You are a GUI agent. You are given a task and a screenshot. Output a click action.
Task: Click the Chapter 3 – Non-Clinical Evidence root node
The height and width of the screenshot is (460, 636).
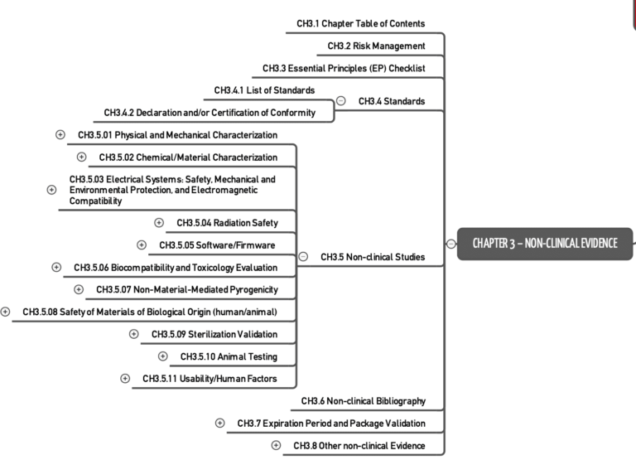(544, 243)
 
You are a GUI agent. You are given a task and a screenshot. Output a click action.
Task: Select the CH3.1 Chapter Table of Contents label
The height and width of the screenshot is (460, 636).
(360, 23)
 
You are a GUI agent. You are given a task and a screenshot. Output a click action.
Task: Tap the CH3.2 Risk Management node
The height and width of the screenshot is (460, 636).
(376, 46)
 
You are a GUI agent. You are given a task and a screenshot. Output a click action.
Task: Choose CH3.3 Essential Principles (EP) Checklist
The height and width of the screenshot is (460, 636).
(344, 68)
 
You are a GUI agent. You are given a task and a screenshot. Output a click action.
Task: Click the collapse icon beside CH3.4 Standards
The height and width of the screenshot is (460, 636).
(341, 101)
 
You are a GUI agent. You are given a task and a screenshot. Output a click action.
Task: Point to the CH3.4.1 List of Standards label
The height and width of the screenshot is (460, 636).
(264, 90)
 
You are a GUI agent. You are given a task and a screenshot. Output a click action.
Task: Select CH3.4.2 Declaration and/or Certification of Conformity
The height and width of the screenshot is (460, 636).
(210, 112)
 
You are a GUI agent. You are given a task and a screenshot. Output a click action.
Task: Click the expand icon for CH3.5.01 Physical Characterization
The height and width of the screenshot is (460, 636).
(60, 134)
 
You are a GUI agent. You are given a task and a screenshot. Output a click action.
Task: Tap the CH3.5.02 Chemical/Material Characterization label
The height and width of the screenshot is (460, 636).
(188, 157)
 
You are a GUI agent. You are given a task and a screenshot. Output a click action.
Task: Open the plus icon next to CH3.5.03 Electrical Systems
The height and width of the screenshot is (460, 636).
(51, 190)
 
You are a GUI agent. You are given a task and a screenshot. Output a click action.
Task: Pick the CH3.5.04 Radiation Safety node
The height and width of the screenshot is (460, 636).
(227, 222)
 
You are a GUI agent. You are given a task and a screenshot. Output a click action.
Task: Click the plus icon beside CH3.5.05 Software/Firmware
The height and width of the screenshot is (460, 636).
(142, 245)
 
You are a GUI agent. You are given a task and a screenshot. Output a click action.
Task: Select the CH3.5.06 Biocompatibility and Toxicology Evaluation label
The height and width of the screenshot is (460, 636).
(176, 267)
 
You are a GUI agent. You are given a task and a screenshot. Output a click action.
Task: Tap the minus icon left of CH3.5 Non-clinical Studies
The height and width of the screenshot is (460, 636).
(303, 257)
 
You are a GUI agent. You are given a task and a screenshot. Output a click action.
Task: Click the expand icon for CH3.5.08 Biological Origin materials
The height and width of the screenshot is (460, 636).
(6, 312)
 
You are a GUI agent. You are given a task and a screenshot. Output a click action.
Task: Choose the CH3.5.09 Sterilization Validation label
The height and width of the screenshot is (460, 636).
(214, 334)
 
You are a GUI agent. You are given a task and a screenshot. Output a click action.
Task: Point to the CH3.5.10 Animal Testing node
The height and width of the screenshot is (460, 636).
(229, 356)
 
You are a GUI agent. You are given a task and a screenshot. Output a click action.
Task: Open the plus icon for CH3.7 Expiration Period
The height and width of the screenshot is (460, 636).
(219, 423)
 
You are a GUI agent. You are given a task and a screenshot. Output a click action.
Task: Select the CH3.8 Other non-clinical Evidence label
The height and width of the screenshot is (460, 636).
(359, 445)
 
